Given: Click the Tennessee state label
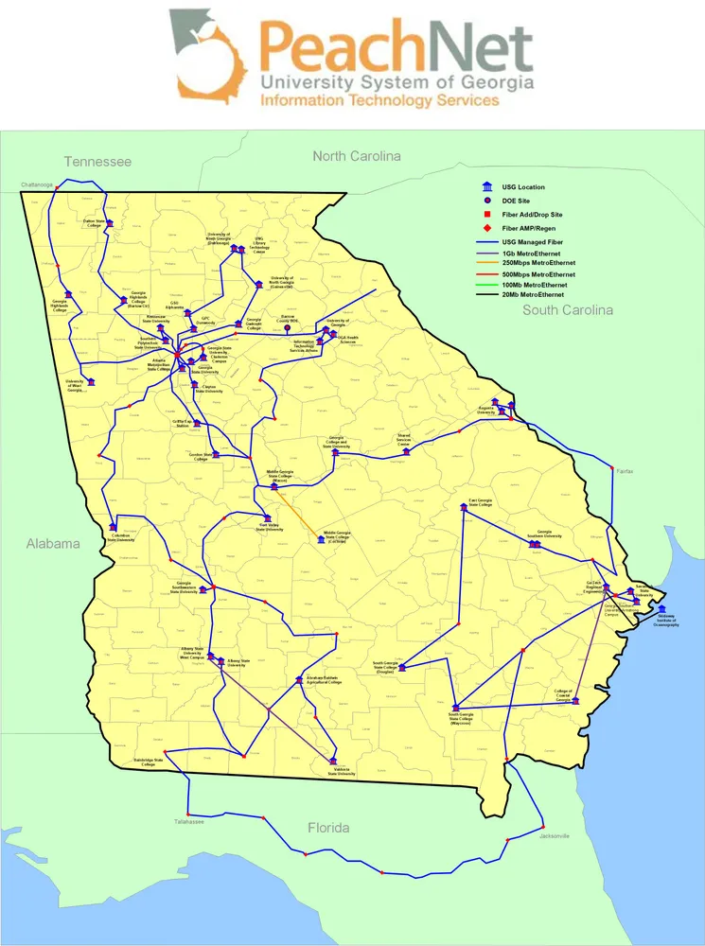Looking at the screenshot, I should [x=97, y=162].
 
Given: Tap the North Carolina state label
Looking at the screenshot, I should [x=357, y=156].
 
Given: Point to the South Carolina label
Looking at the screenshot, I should [x=568, y=309].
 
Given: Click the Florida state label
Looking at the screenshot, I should [x=328, y=828].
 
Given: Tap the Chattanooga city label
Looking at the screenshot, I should [x=36, y=184].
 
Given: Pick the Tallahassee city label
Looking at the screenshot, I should [x=188, y=821].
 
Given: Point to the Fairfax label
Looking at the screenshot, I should [x=624, y=470].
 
